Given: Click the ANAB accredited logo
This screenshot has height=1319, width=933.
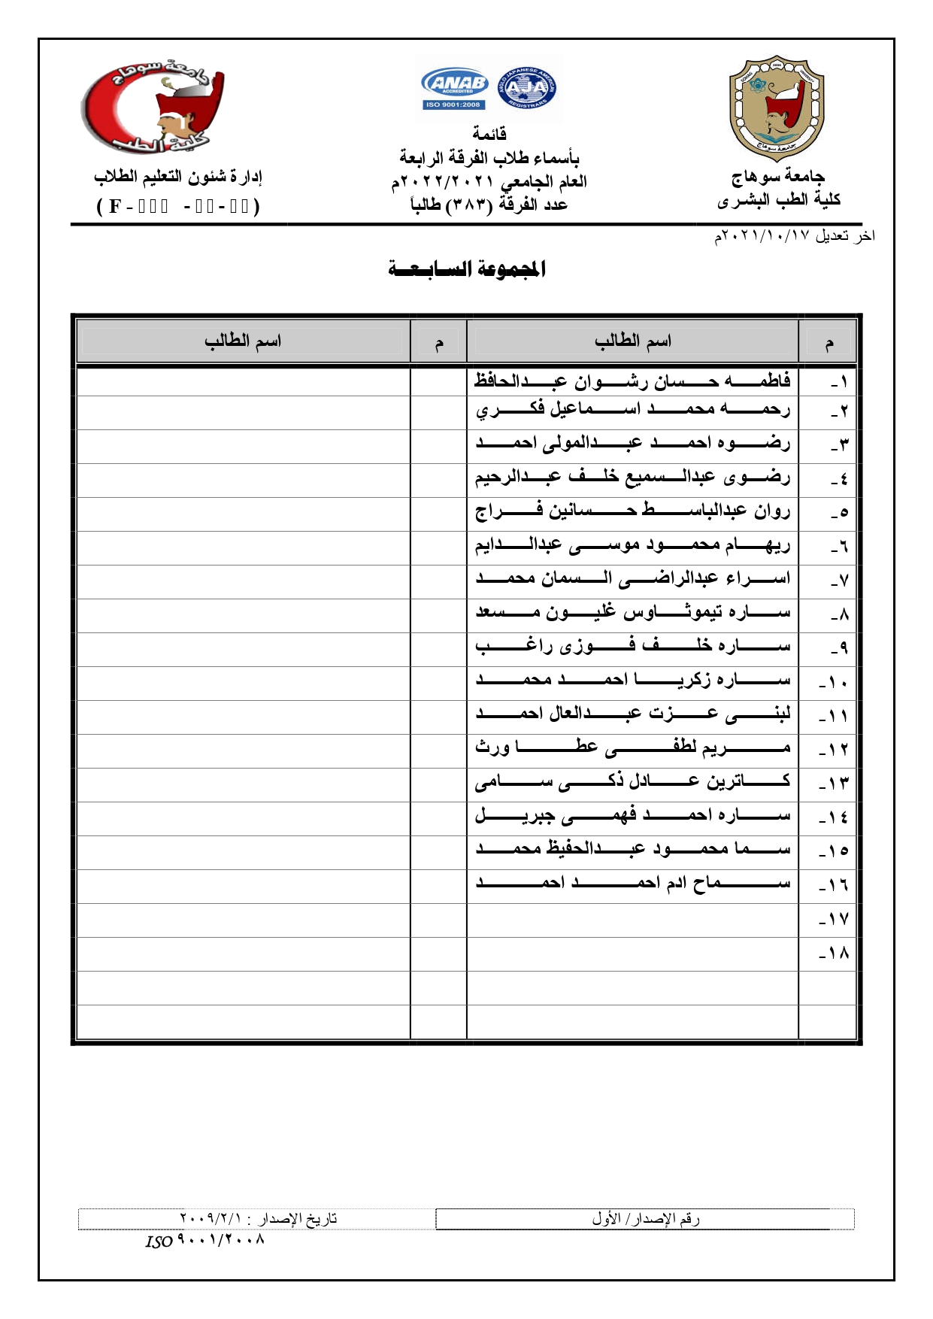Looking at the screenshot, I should click(455, 89).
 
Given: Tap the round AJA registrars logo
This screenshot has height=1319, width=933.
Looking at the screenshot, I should click(527, 89).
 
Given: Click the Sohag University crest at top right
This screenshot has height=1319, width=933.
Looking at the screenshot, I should click(777, 107).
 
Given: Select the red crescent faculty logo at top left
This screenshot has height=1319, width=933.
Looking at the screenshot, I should click(153, 107).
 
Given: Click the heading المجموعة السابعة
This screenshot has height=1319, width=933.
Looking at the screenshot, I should click(467, 268).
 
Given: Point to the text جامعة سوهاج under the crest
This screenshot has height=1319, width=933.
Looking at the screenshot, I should click(778, 177).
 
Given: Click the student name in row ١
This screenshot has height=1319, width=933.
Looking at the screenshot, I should click(632, 381).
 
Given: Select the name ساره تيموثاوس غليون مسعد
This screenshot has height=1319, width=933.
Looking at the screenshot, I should click(632, 612).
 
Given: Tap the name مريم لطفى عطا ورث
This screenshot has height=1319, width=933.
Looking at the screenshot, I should click(632, 747).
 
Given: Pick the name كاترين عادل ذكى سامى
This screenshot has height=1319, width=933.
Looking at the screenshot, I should click(632, 781).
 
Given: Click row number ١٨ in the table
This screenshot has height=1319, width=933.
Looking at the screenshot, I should click(833, 954).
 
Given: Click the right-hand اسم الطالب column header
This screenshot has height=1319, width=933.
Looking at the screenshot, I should click(632, 341).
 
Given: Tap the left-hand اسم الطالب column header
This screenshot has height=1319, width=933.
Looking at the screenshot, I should click(243, 341).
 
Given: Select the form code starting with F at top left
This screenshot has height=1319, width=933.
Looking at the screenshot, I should click(178, 206).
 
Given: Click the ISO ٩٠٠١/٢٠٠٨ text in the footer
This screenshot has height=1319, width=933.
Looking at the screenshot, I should click(205, 1240).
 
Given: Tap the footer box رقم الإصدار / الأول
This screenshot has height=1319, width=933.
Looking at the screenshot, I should click(645, 1218).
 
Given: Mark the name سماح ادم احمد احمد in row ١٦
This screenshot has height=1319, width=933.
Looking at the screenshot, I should click(632, 882).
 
